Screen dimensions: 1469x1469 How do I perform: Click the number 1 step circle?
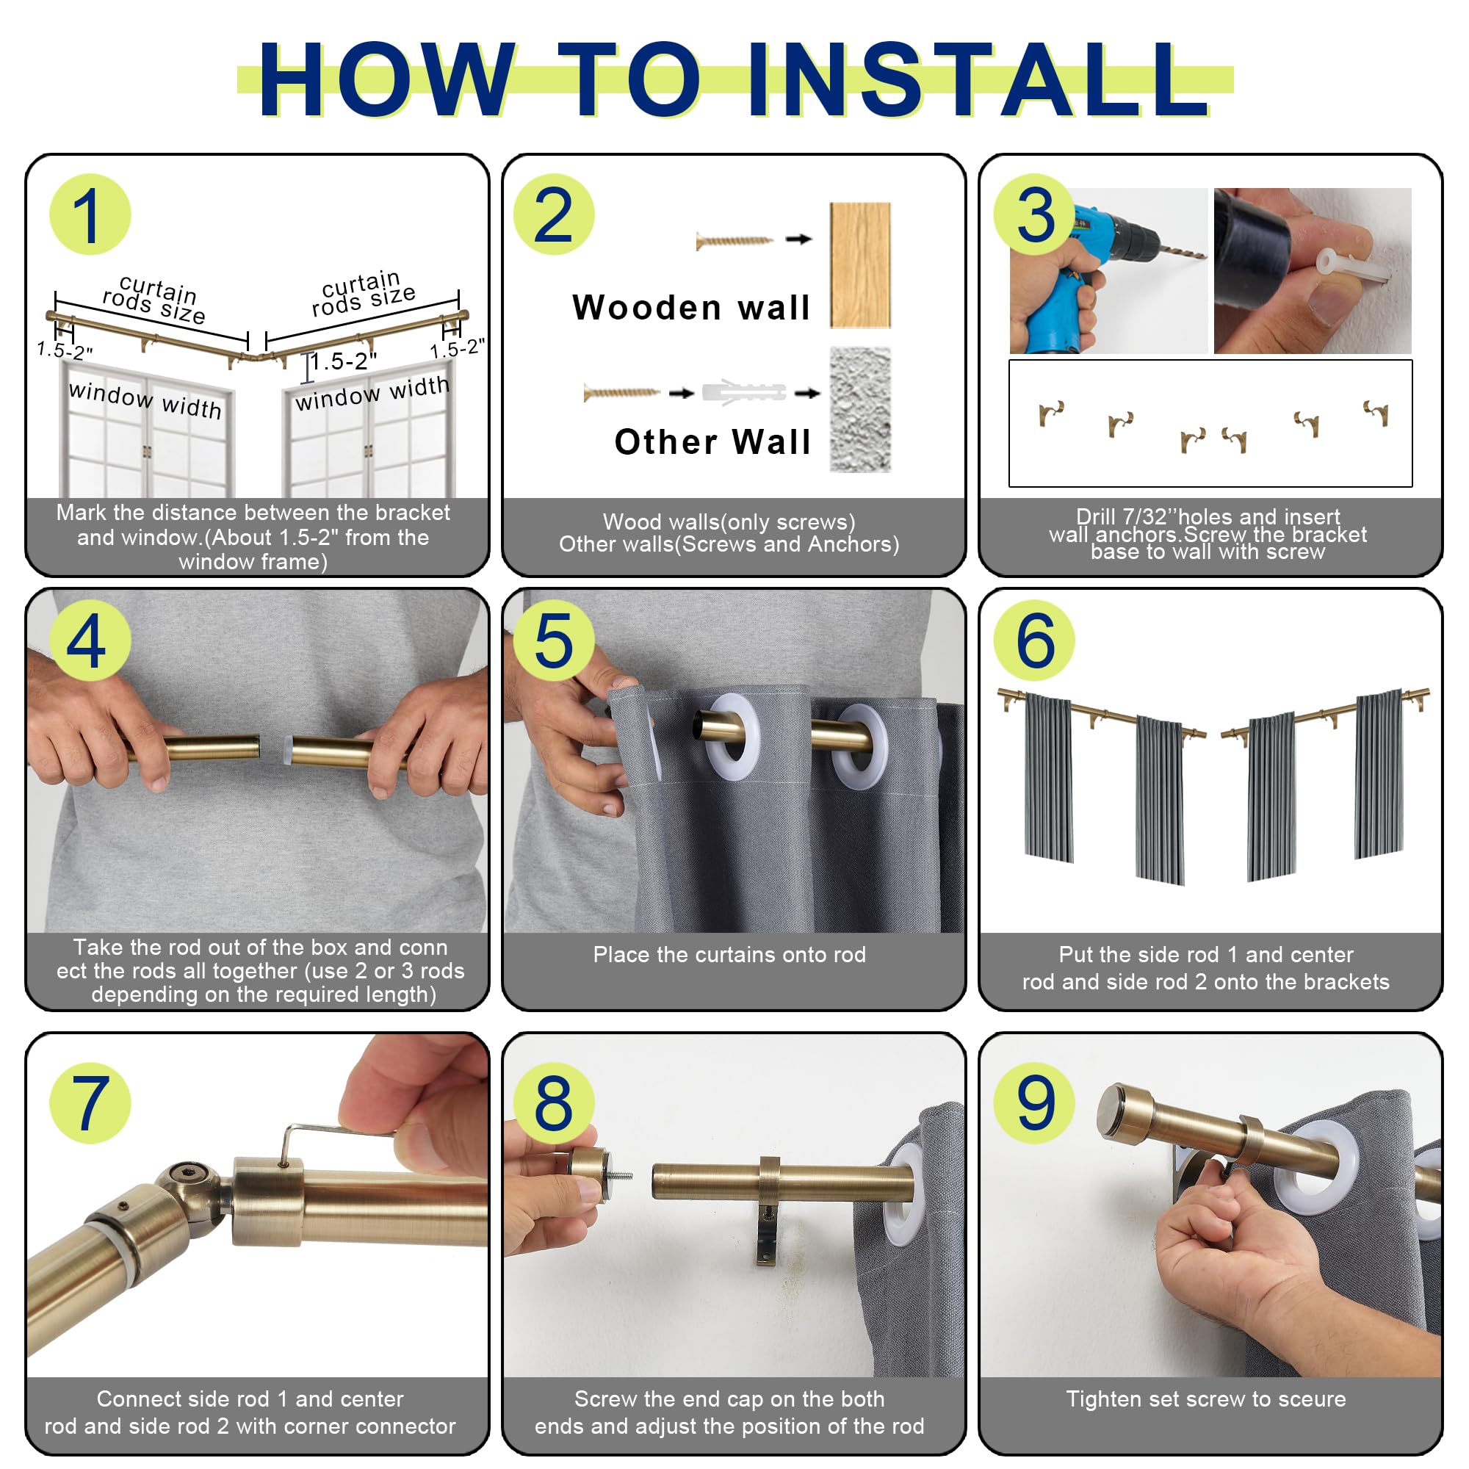coord(90,214)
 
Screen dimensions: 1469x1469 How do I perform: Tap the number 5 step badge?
coord(554,640)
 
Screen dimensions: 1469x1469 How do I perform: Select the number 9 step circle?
coord(1034,1102)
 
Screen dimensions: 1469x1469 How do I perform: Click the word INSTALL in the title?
coord(978,80)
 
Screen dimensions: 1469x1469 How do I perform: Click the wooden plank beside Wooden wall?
coord(860,265)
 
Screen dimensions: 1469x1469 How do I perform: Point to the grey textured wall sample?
coord(860,410)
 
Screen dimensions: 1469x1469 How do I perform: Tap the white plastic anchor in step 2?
coord(743,392)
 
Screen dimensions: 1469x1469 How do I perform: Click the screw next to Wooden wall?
coord(734,241)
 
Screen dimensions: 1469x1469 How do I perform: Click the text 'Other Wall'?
coord(712,441)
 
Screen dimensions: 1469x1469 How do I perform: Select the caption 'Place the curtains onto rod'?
coord(729,954)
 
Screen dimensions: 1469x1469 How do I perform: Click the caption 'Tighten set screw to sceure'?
coord(1206,1399)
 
